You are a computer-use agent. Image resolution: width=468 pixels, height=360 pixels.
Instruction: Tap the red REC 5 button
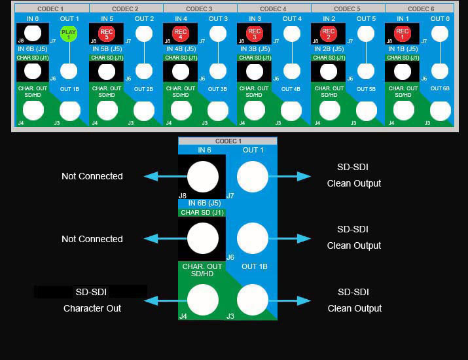point(107,33)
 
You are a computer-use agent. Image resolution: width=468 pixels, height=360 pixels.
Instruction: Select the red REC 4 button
point(181,33)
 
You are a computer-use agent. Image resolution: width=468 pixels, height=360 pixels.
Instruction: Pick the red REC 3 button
point(255,33)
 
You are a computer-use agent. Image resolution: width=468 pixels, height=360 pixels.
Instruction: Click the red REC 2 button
point(329,33)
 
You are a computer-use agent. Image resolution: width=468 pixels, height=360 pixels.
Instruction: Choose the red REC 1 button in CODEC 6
point(403,33)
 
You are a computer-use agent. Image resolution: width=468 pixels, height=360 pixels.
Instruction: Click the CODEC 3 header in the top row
point(199,9)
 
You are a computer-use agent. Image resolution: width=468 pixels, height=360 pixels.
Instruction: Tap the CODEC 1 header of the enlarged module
point(228,141)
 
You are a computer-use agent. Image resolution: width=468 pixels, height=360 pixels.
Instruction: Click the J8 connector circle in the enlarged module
point(202,176)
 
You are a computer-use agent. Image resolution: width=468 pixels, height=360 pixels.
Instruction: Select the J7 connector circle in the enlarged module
point(252,176)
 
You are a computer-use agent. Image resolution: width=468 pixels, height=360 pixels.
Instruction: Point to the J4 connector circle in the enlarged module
point(202,300)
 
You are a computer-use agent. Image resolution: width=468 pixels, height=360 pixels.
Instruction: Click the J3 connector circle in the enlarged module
point(252,300)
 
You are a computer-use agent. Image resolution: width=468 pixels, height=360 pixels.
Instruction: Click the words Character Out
point(92,308)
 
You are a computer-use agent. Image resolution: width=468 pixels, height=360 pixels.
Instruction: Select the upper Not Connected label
point(92,176)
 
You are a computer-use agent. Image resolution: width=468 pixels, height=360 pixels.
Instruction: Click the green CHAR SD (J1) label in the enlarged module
point(202,212)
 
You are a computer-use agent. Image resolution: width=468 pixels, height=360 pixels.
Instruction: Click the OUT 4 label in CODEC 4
point(292,19)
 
